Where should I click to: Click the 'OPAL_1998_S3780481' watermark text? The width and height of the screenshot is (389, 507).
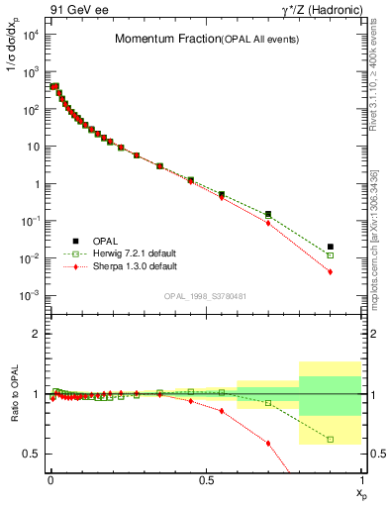(204, 295)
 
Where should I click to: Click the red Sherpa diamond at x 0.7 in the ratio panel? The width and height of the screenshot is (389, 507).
(268, 443)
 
